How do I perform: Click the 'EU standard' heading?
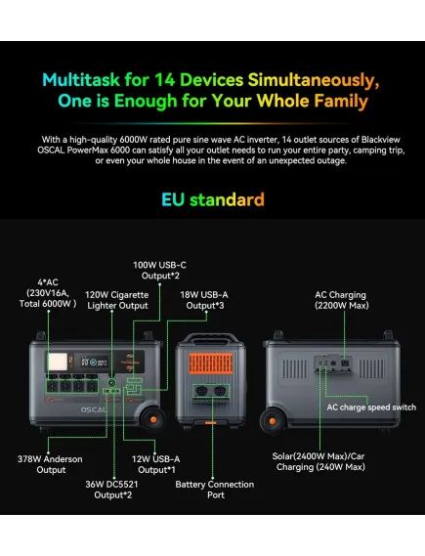(213, 199)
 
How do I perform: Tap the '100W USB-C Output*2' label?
(159, 271)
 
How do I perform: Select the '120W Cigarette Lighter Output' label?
(117, 300)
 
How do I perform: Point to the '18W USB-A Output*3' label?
(204, 300)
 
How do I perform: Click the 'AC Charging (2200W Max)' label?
(342, 300)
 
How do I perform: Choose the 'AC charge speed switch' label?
(371, 407)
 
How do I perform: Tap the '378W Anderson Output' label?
(50, 464)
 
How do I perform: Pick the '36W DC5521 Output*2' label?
(111, 490)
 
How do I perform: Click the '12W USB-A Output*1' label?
(156, 464)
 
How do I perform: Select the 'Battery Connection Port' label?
(214, 490)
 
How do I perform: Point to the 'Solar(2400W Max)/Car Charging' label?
(319, 461)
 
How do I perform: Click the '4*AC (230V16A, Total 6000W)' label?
(48, 293)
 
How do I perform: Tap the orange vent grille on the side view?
(211, 364)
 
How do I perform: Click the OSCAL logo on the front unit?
(94, 409)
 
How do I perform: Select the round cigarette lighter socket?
(111, 383)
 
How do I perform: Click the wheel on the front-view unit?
(153, 419)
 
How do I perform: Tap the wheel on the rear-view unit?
(273, 421)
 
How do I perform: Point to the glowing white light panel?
(58, 362)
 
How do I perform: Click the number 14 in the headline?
(165, 80)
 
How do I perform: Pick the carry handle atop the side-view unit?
(211, 338)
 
